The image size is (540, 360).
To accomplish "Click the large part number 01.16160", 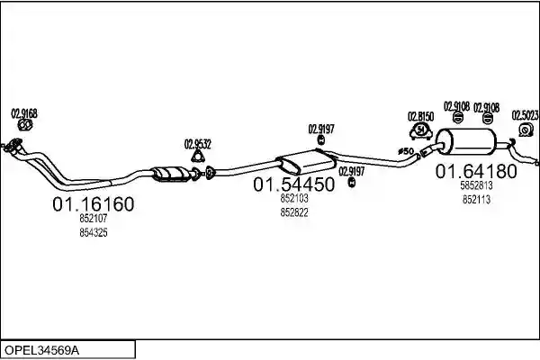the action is pyautogui.click(x=93, y=204).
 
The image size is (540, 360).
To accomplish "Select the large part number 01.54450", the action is pyautogui.click(x=293, y=184).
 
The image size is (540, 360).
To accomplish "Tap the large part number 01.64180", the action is pyautogui.click(x=476, y=171).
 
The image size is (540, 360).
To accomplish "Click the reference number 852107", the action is pyautogui.click(x=94, y=219).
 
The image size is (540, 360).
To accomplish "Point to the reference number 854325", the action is pyautogui.click(x=94, y=232).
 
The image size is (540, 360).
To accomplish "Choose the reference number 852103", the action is pyautogui.click(x=294, y=198).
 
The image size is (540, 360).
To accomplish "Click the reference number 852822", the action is pyautogui.click(x=294, y=212).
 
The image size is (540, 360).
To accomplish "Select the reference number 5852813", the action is pyautogui.click(x=476, y=185).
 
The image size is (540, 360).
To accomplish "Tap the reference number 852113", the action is pyautogui.click(x=476, y=200).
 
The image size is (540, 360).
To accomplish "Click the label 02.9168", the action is pyautogui.click(x=24, y=113).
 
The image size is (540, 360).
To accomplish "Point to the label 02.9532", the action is pyautogui.click(x=198, y=144).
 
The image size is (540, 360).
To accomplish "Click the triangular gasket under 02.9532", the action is pyautogui.click(x=198, y=157).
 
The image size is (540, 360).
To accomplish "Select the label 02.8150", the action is pyautogui.click(x=420, y=116).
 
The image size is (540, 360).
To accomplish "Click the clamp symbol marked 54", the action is pyautogui.click(x=421, y=130).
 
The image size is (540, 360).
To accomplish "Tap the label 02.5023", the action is pyautogui.click(x=525, y=115).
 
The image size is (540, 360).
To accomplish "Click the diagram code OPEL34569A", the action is pyautogui.click(x=41, y=350).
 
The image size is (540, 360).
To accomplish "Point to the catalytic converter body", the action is pyautogui.click(x=171, y=174).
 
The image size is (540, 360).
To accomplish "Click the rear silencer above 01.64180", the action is pyautogui.click(x=466, y=142).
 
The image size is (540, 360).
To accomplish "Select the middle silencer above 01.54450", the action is pyautogui.click(x=307, y=162).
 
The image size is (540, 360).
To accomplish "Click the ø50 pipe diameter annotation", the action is pyautogui.click(x=406, y=151).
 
